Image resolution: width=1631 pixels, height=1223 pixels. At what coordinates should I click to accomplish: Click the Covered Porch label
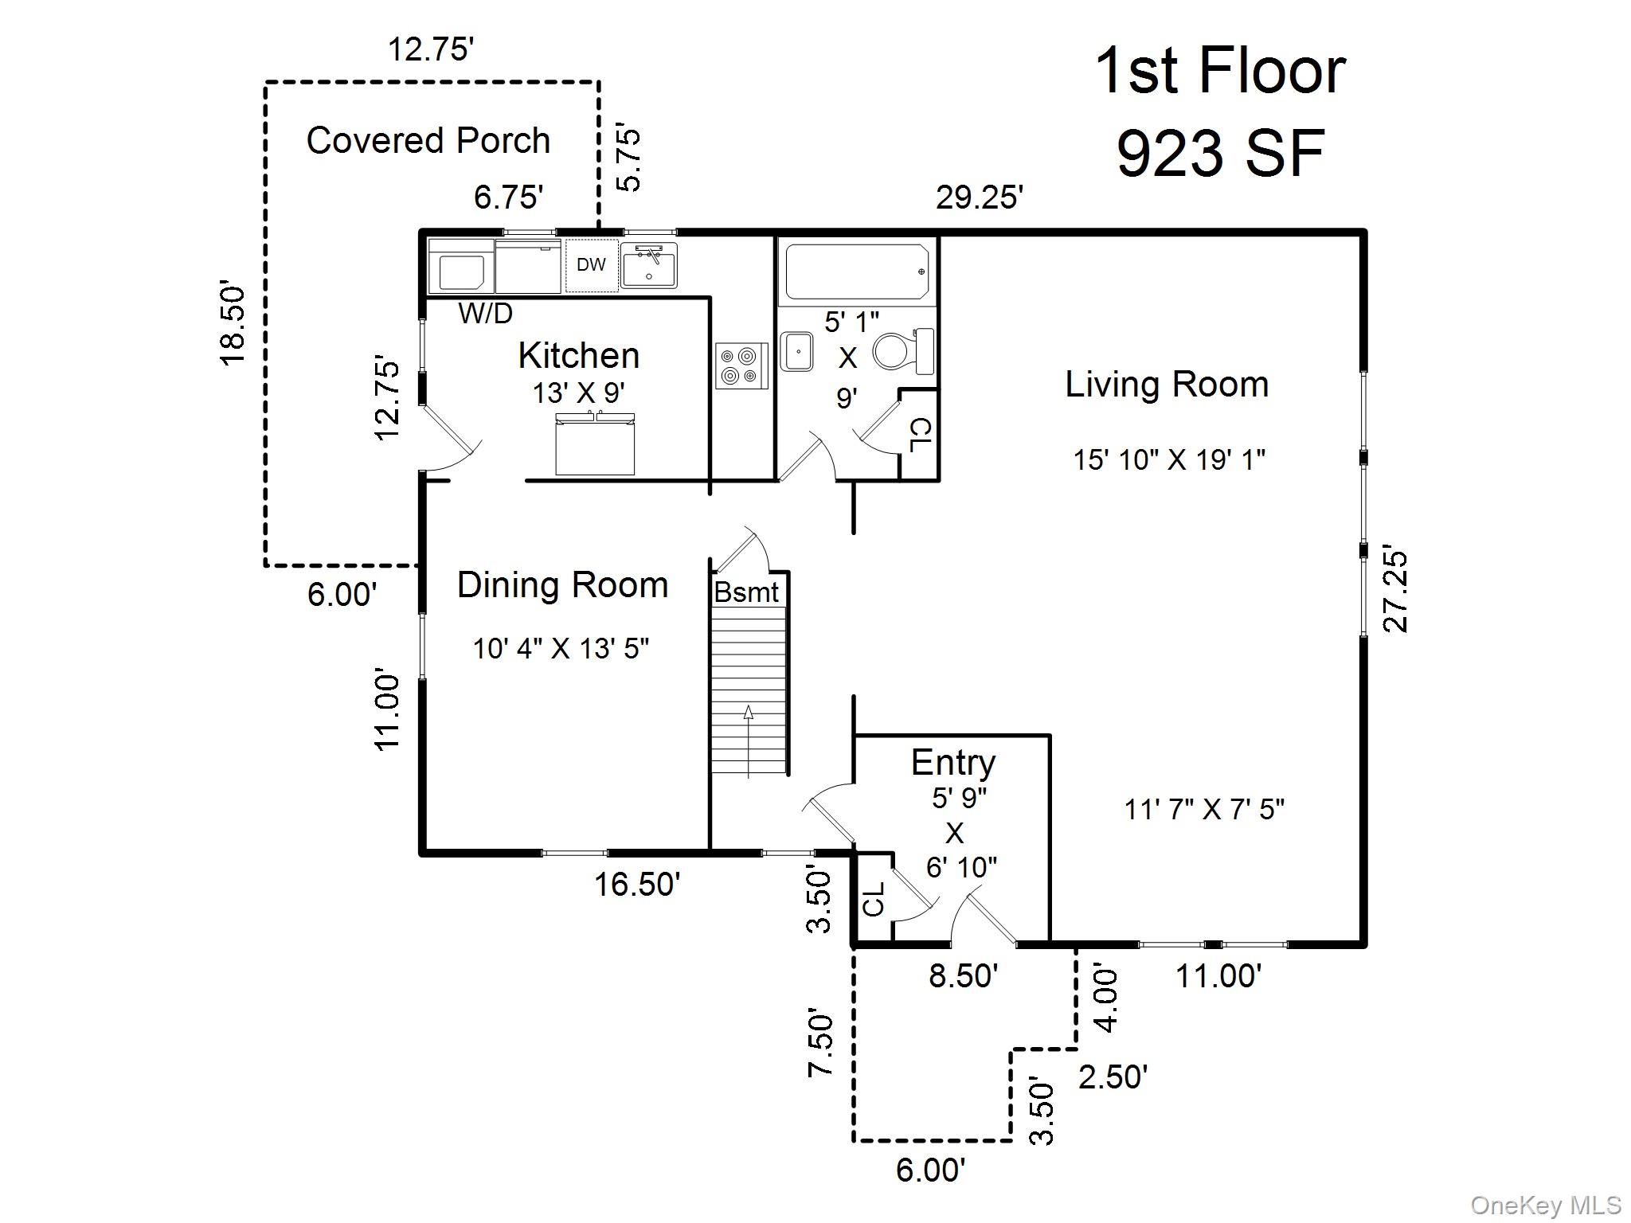coord(428,141)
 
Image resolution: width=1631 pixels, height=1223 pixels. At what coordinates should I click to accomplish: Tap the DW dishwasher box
coord(591,265)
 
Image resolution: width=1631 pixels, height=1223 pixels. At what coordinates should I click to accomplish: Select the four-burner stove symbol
coord(741,365)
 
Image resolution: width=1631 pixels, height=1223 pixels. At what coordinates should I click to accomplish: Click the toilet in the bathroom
coord(903,351)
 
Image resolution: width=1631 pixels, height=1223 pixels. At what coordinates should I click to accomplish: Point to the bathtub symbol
coord(857,272)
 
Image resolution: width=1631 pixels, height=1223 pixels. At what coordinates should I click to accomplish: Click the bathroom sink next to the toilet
coord(796,352)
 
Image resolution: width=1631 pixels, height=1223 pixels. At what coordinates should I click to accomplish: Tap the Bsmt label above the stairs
coord(746,592)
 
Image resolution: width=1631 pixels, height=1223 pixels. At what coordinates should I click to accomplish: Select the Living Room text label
coord(1167,385)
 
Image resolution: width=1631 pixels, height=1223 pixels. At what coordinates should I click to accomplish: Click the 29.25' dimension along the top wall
coord(979,197)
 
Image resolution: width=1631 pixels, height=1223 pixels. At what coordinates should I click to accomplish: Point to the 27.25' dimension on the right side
coord(1396,590)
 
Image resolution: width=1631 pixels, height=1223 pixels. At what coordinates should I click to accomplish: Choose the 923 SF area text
coord(1220,154)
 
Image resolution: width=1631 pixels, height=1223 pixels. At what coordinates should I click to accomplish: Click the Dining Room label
coord(562,585)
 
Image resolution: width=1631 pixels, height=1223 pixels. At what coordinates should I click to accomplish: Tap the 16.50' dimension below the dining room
coord(637,884)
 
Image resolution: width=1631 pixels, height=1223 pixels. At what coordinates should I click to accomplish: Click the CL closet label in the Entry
coord(874,899)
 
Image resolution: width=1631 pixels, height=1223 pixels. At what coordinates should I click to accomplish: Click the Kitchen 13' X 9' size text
coord(579,393)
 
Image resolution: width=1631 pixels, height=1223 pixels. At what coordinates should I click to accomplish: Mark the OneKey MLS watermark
coord(1546,1205)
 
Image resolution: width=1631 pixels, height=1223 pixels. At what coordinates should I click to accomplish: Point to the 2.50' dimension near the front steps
coord(1113,1077)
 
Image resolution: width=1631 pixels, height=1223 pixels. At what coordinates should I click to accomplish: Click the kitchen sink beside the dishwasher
coord(649,265)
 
